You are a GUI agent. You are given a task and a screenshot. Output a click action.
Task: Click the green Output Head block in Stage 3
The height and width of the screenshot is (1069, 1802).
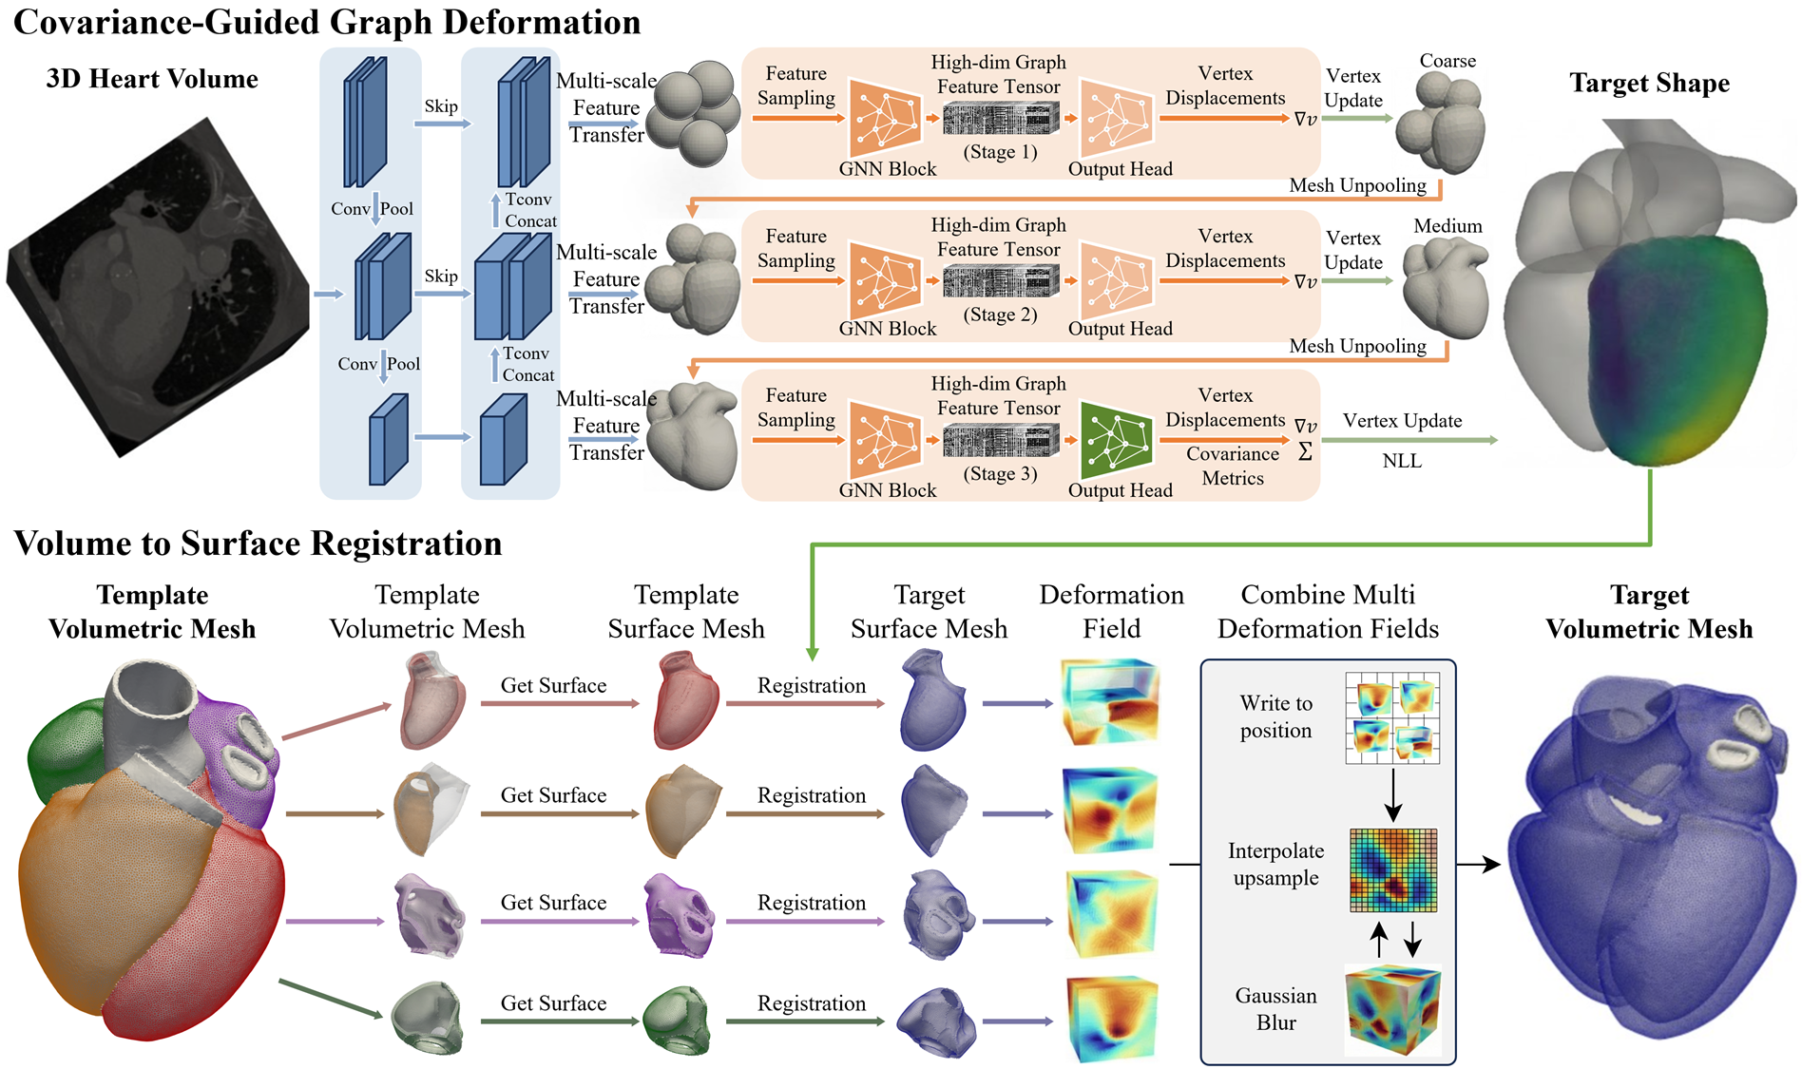click(1117, 440)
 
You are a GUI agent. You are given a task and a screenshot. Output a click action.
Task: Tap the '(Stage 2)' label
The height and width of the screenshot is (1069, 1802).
click(1000, 315)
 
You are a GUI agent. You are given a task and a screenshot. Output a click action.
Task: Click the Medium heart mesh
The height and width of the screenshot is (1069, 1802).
click(1445, 288)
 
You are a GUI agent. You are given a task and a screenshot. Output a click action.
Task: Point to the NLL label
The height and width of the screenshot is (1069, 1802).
click(1402, 462)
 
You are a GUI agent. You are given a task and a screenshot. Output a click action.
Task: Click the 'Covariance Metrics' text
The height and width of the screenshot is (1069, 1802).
click(1233, 466)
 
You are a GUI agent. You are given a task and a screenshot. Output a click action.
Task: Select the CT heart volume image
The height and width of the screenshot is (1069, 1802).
click(157, 285)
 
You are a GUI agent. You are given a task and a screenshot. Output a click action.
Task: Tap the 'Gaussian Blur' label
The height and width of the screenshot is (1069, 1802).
click(1275, 1009)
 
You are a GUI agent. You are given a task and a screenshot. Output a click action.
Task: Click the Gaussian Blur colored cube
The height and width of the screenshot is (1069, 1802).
click(1392, 1009)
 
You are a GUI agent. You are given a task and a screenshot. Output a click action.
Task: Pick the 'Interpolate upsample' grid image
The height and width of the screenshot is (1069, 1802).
click(1393, 869)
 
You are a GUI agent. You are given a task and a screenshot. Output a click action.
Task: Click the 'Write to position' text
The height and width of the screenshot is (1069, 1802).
click(1275, 716)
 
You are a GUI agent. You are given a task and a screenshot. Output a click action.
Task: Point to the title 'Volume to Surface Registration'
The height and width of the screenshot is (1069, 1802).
click(258, 544)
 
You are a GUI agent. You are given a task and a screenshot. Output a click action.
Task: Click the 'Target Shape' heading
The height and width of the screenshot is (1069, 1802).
click(1649, 84)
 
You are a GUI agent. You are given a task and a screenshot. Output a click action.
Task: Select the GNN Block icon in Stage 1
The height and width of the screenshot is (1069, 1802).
click(885, 118)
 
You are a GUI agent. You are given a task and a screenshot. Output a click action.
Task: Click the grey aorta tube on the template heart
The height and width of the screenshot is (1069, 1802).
click(152, 713)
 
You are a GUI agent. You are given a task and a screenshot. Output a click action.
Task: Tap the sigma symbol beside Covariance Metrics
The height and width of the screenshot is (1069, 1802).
click(1305, 452)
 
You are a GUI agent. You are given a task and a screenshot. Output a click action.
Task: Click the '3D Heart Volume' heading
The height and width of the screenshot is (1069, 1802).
click(152, 79)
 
